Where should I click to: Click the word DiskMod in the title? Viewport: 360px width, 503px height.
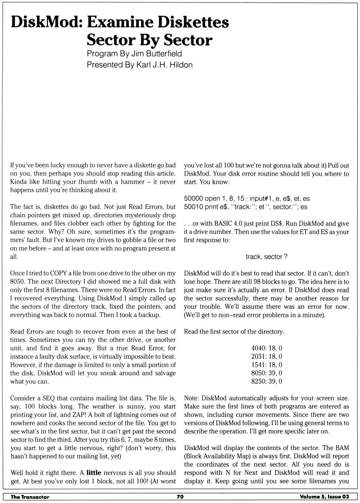pos(46,22)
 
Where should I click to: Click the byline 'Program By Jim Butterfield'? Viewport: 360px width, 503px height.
pos(134,54)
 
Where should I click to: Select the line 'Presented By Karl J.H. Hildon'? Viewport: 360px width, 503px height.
pos(139,65)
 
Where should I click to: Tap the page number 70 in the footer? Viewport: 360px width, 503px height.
pos(180,497)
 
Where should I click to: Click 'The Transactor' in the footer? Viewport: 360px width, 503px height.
pos(30,497)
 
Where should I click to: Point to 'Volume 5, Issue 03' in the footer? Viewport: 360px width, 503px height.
pos(324,497)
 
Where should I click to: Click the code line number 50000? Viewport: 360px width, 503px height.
pos(193,198)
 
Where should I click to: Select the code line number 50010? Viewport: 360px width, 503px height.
pos(193,207)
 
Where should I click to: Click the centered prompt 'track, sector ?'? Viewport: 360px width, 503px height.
pos(266,257)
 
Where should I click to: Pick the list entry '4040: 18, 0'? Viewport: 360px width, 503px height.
pos(267,348)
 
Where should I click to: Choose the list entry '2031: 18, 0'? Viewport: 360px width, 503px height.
pos(267,356)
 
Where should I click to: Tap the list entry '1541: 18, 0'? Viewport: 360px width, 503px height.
pos(267,365)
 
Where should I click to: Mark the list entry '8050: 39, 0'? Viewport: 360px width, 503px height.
pos(267,373)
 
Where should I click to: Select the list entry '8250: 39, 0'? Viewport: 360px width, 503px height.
pos(267,381)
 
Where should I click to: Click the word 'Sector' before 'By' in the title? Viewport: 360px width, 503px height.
pos(111,40)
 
